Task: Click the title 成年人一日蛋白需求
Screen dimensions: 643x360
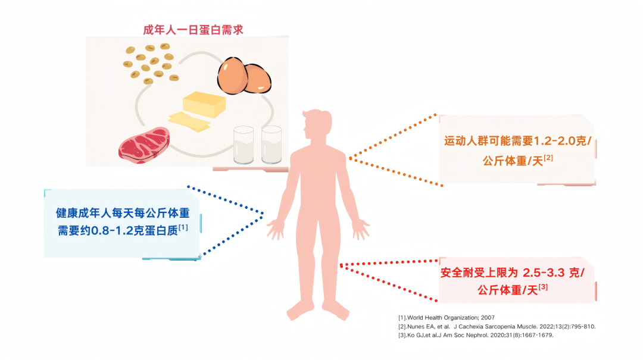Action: [193, 30]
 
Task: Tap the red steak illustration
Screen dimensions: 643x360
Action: [143, 145]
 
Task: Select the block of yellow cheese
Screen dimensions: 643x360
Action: [204, 104]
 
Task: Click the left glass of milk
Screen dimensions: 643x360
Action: [243, 145]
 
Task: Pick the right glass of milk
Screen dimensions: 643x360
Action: [271, 145]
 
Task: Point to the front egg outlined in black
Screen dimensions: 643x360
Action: [232, 76]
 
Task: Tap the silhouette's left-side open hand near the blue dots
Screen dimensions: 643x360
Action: [276, 229]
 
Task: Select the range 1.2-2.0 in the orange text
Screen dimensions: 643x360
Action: [555, 141]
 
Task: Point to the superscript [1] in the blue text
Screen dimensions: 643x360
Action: [183, 227]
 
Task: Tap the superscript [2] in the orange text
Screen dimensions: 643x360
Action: [548, 158]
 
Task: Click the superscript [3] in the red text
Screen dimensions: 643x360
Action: [543, 287]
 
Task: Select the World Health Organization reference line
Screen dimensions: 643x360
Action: [447, 317]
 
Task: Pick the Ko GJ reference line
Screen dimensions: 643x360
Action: [476, 335]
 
